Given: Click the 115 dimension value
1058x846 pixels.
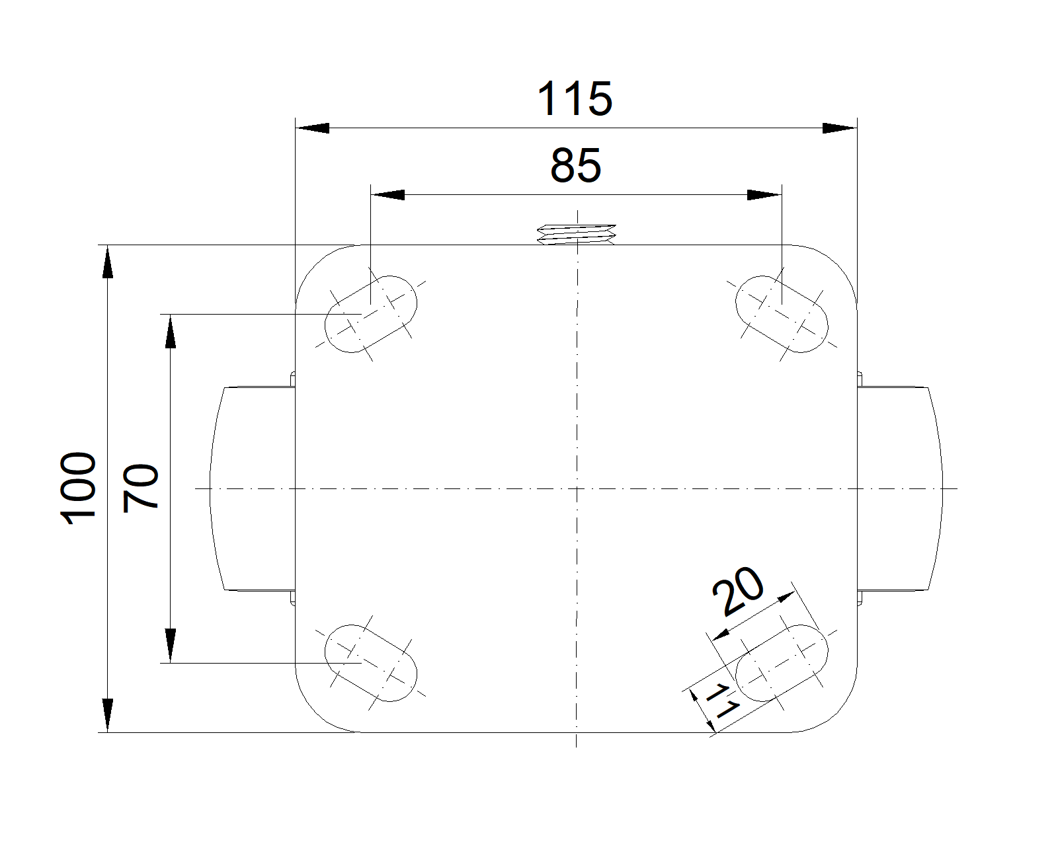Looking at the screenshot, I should click(575, 99).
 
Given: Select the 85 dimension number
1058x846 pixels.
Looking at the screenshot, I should click(575, 166).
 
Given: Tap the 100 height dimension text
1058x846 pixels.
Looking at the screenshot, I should click(78, 488).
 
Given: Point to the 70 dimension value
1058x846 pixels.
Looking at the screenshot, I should click(142, 487).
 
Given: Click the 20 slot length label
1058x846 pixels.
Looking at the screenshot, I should click(738, 590).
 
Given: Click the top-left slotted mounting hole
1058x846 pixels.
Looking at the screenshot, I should click(371, 314).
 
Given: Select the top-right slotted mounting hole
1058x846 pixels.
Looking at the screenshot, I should click(782, 314).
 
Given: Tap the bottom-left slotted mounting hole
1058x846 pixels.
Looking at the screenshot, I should click(371, 662).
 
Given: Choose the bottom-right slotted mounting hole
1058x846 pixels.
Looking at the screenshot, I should click(782, 662).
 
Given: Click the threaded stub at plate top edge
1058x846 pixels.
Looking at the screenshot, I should click(577, 233).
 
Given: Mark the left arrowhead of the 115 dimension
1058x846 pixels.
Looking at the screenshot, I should click(312, 128).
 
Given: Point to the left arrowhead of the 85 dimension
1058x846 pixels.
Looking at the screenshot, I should click(388, 195).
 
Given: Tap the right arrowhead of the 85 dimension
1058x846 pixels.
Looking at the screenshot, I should click(764, 195).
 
